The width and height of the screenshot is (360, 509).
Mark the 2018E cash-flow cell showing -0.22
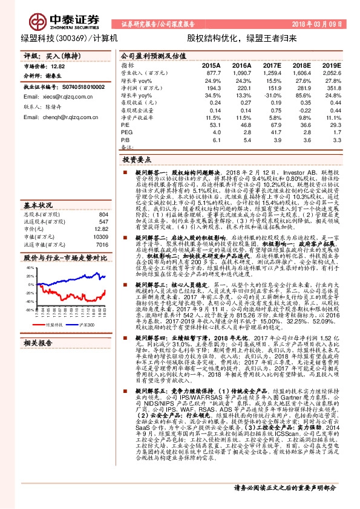click(x=303, y=111)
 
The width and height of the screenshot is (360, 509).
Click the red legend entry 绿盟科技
click(x=54, y=324)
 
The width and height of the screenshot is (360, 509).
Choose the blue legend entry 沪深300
click(x=88, y=324)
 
